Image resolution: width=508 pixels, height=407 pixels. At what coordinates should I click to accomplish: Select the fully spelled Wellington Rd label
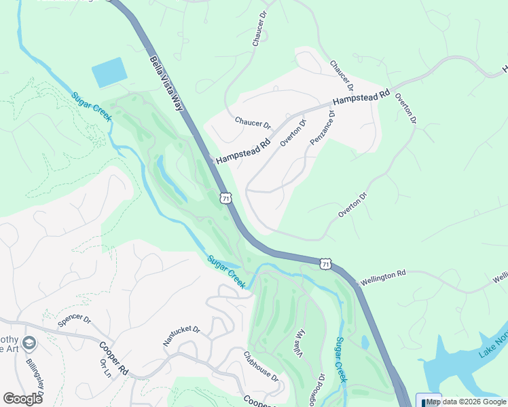(x=382, y=276)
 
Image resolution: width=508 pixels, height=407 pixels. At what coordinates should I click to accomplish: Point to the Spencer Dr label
(x=74, y=320)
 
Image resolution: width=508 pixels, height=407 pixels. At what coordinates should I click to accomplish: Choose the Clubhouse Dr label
(x=261, y=366)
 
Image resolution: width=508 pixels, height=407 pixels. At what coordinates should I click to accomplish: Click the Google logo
(x=22, y=398)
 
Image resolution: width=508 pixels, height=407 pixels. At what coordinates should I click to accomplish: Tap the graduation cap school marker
(x=29, y=344)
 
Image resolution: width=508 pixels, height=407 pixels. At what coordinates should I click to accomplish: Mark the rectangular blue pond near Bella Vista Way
(x=109, y=73)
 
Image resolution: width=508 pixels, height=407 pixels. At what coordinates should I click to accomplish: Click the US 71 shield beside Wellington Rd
(x=326, y=263)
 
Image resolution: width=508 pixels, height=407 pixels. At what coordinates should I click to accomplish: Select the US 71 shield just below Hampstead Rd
(x=225, y=197)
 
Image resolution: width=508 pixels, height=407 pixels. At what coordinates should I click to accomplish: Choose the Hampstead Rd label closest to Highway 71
(x=243, y=151)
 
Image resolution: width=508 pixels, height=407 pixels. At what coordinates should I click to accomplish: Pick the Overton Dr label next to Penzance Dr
(x=294, y=129)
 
